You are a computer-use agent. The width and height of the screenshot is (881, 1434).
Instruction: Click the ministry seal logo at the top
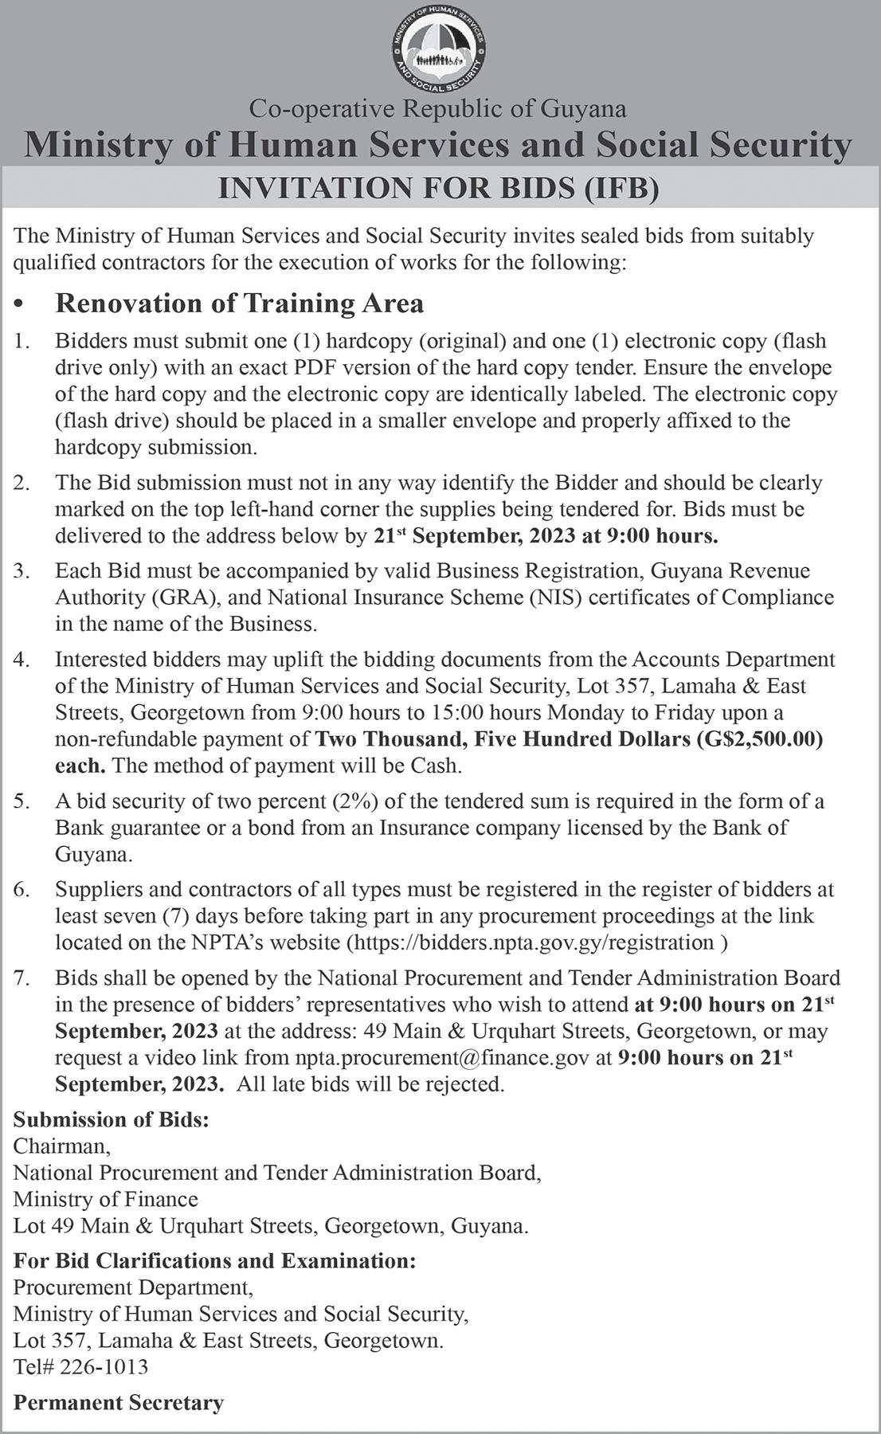tap(440, 47)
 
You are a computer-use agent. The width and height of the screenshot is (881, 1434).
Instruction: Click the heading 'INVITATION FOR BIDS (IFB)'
tap(440, 189)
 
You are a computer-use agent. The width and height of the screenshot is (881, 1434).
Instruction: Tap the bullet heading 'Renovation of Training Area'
tap(239, 304)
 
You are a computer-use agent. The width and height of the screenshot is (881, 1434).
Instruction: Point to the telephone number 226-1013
tap(104, 1367)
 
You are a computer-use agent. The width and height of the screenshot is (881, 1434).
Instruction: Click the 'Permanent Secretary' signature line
tap(119, 1403)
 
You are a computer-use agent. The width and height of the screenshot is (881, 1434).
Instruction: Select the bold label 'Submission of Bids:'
tap(112, 1120)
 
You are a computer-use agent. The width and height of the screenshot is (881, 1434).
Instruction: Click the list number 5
tap(22, 801)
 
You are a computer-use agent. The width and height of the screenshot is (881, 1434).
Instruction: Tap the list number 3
tap(22, 571)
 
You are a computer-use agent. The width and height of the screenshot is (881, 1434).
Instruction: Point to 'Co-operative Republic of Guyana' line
tap(438, 108)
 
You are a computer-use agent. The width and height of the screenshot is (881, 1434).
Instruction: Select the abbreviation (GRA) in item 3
tap(175, 597)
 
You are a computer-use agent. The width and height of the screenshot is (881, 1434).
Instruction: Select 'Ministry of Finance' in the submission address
tap(106, 1199)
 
